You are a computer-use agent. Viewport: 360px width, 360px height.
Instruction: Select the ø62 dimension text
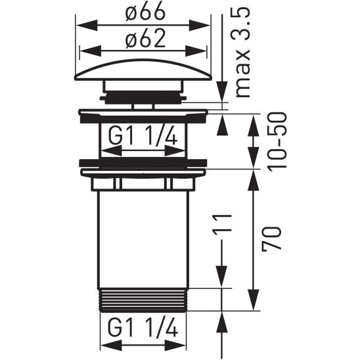tap(144, 40)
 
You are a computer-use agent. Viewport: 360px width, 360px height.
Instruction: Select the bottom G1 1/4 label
tap(144, 326)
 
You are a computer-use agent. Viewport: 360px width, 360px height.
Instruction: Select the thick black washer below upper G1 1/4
tap(144, 162)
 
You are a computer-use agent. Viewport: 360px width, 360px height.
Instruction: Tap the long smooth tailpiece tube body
tap(144, 236)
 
